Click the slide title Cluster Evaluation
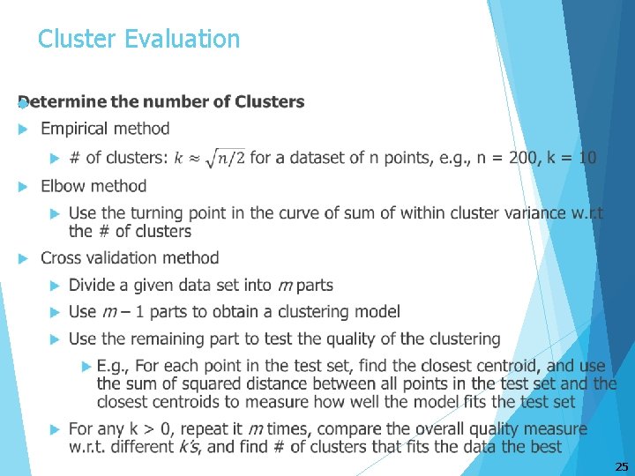pyautogui.click(x=138, y=39)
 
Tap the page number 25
pyautogui.click(x=621, y=465)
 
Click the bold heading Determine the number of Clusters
pyautogui.click(x=161, y=101)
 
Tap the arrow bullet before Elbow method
pyautogui.click(x=24, y=186)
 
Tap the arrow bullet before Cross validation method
pyautogui.click(x=24, y=258)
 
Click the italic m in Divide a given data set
pyautogui.click(x=285, y=286)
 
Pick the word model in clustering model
pyautogui.click(x=377, y=312)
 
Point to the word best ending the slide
pyautogui.click(x=544, y=447)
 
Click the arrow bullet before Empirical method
pyautogui.click(x=24, y=130)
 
